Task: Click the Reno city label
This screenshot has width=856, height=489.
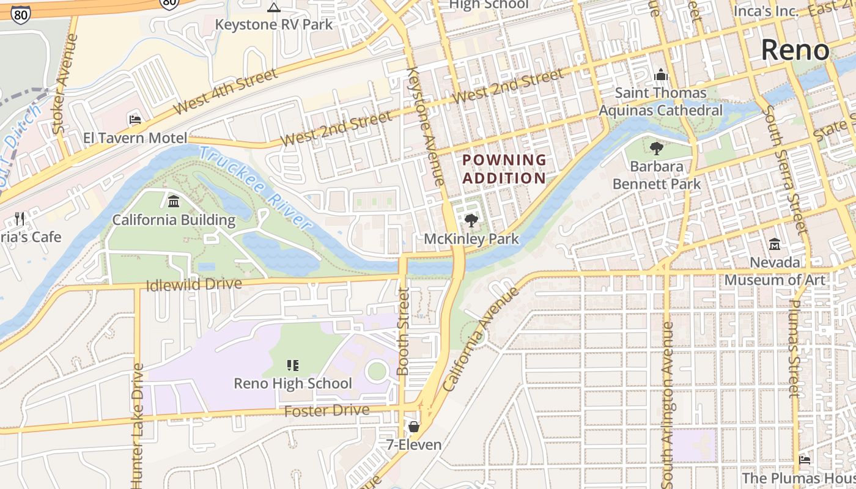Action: (x=795, y=50)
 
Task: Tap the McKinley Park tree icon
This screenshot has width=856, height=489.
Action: (x=471, y=221)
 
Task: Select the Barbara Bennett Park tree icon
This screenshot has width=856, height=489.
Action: (x=657, y=149)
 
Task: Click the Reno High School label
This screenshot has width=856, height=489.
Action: (x=293, y=384)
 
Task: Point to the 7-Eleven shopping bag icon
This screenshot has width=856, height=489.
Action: (x=414, y=427)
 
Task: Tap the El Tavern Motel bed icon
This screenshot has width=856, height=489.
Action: (x=135, y=119)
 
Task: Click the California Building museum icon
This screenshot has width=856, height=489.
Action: (x=174, y=202)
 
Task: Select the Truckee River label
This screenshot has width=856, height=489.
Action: (x=256, y=188)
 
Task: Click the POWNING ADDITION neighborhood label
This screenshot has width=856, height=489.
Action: (x=504, y=169)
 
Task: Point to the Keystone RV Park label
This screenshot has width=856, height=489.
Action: (x=274, y=25)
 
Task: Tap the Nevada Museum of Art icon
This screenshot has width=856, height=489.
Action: (x=775, y=244)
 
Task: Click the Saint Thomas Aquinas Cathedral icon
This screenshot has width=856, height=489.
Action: (x=660, y=75)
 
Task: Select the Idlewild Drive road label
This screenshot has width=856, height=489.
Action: (x=194, y=285)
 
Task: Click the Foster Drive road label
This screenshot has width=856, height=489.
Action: (x=327, y=411)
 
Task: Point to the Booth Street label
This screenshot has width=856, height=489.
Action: (x=402, y=331)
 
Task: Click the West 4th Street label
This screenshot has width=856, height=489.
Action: (x=225, y=92)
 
